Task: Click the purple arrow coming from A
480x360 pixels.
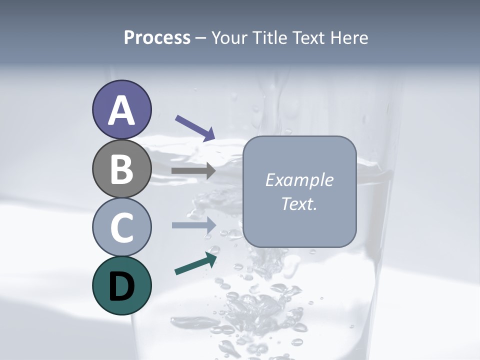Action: [x=195, y=128]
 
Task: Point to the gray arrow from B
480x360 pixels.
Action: [x=193, y=171]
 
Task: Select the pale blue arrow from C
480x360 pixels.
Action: [x=193, y=225]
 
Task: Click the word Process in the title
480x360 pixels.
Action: [x=157, y=38]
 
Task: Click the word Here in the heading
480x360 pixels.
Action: [x=349, y=38]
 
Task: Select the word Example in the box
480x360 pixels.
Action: [x=299, y=180]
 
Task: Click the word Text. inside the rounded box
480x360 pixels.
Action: [x=299, y=203]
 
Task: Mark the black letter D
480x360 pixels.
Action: [x=121, y=286]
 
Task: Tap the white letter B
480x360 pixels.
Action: [x=121, y=169]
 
